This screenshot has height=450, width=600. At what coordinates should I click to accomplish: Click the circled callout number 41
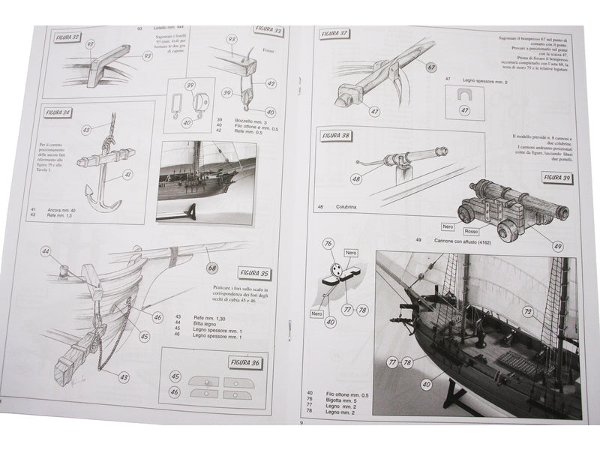[127, 174]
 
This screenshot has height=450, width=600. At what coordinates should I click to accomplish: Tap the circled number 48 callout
[356, 179]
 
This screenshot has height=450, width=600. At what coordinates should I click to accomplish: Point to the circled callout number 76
[328, 243]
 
